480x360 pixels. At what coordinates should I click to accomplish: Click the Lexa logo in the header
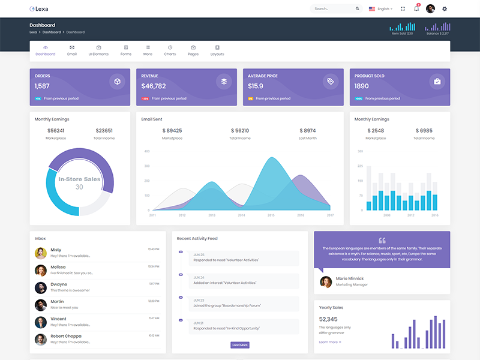[39, 9]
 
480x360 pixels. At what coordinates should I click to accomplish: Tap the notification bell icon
[416, 9]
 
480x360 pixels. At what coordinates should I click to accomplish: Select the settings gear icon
[445, 9]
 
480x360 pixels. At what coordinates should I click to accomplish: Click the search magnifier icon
[358, 9]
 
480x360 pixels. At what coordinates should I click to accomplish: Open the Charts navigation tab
[170, 50]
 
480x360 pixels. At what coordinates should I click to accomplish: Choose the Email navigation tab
[72, 50]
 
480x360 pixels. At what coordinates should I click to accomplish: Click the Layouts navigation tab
[217, 50]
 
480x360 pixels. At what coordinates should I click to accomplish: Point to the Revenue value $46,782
[154, 86]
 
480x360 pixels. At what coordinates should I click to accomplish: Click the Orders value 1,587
[42, 86]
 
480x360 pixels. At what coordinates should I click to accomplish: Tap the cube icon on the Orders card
[117, 82]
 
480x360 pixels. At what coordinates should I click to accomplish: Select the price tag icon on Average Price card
[330, 82]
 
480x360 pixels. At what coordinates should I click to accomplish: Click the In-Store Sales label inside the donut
[79, 179]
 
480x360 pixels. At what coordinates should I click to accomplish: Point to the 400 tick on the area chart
[146, 151]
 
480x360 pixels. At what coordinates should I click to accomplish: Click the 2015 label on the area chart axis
[271, 215]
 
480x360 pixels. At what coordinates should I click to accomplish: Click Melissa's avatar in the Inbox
[41, 270]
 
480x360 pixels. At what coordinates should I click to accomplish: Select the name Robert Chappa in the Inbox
[66, 336]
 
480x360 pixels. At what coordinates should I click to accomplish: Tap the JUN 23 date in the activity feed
[199, 300]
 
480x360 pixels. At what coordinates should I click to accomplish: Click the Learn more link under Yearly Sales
[330, 342]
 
